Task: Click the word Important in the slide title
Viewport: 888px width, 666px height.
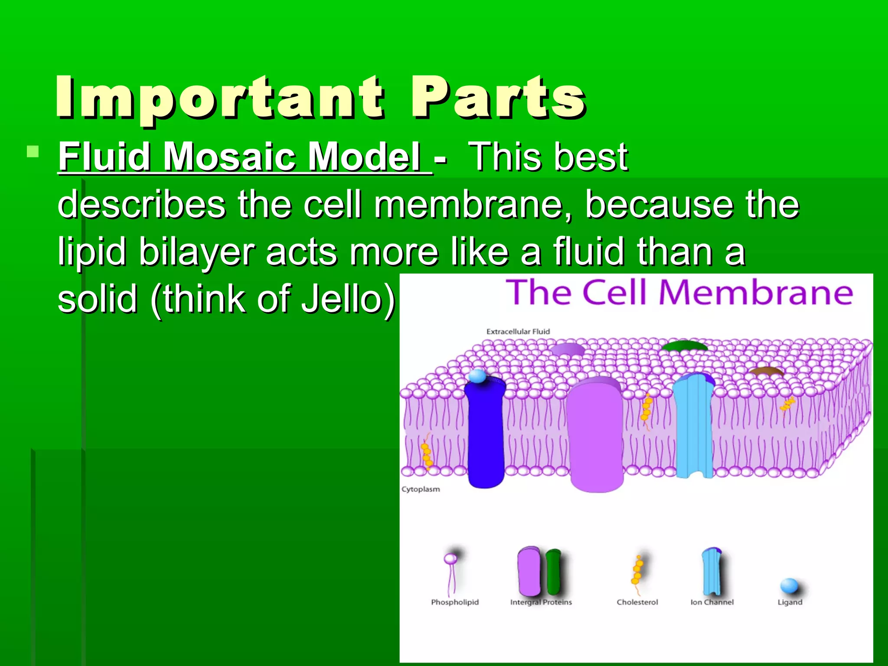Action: [x=219, y=97]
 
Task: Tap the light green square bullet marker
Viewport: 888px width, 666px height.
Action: [x=33, y=152]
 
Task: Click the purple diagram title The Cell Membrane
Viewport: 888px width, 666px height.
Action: [x=679, y=292]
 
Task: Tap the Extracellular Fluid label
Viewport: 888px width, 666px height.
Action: [x=518, y=332]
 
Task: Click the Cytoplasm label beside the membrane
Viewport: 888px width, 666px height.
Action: [x=421, y=489]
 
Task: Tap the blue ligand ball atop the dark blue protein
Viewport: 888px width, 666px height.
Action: [x=478, y=375]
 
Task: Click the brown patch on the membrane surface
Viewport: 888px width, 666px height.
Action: [x=767, y=372]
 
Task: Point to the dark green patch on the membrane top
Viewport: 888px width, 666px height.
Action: [x=684, y=346]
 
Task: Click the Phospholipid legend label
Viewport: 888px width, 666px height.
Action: [x=455, y=602]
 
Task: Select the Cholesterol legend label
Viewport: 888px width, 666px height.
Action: [x=637, y=602]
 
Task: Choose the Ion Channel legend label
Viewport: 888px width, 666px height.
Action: [x=712, y=602]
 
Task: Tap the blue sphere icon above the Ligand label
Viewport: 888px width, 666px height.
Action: [x=789, y=586]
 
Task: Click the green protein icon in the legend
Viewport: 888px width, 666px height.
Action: [x=553, y=571]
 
